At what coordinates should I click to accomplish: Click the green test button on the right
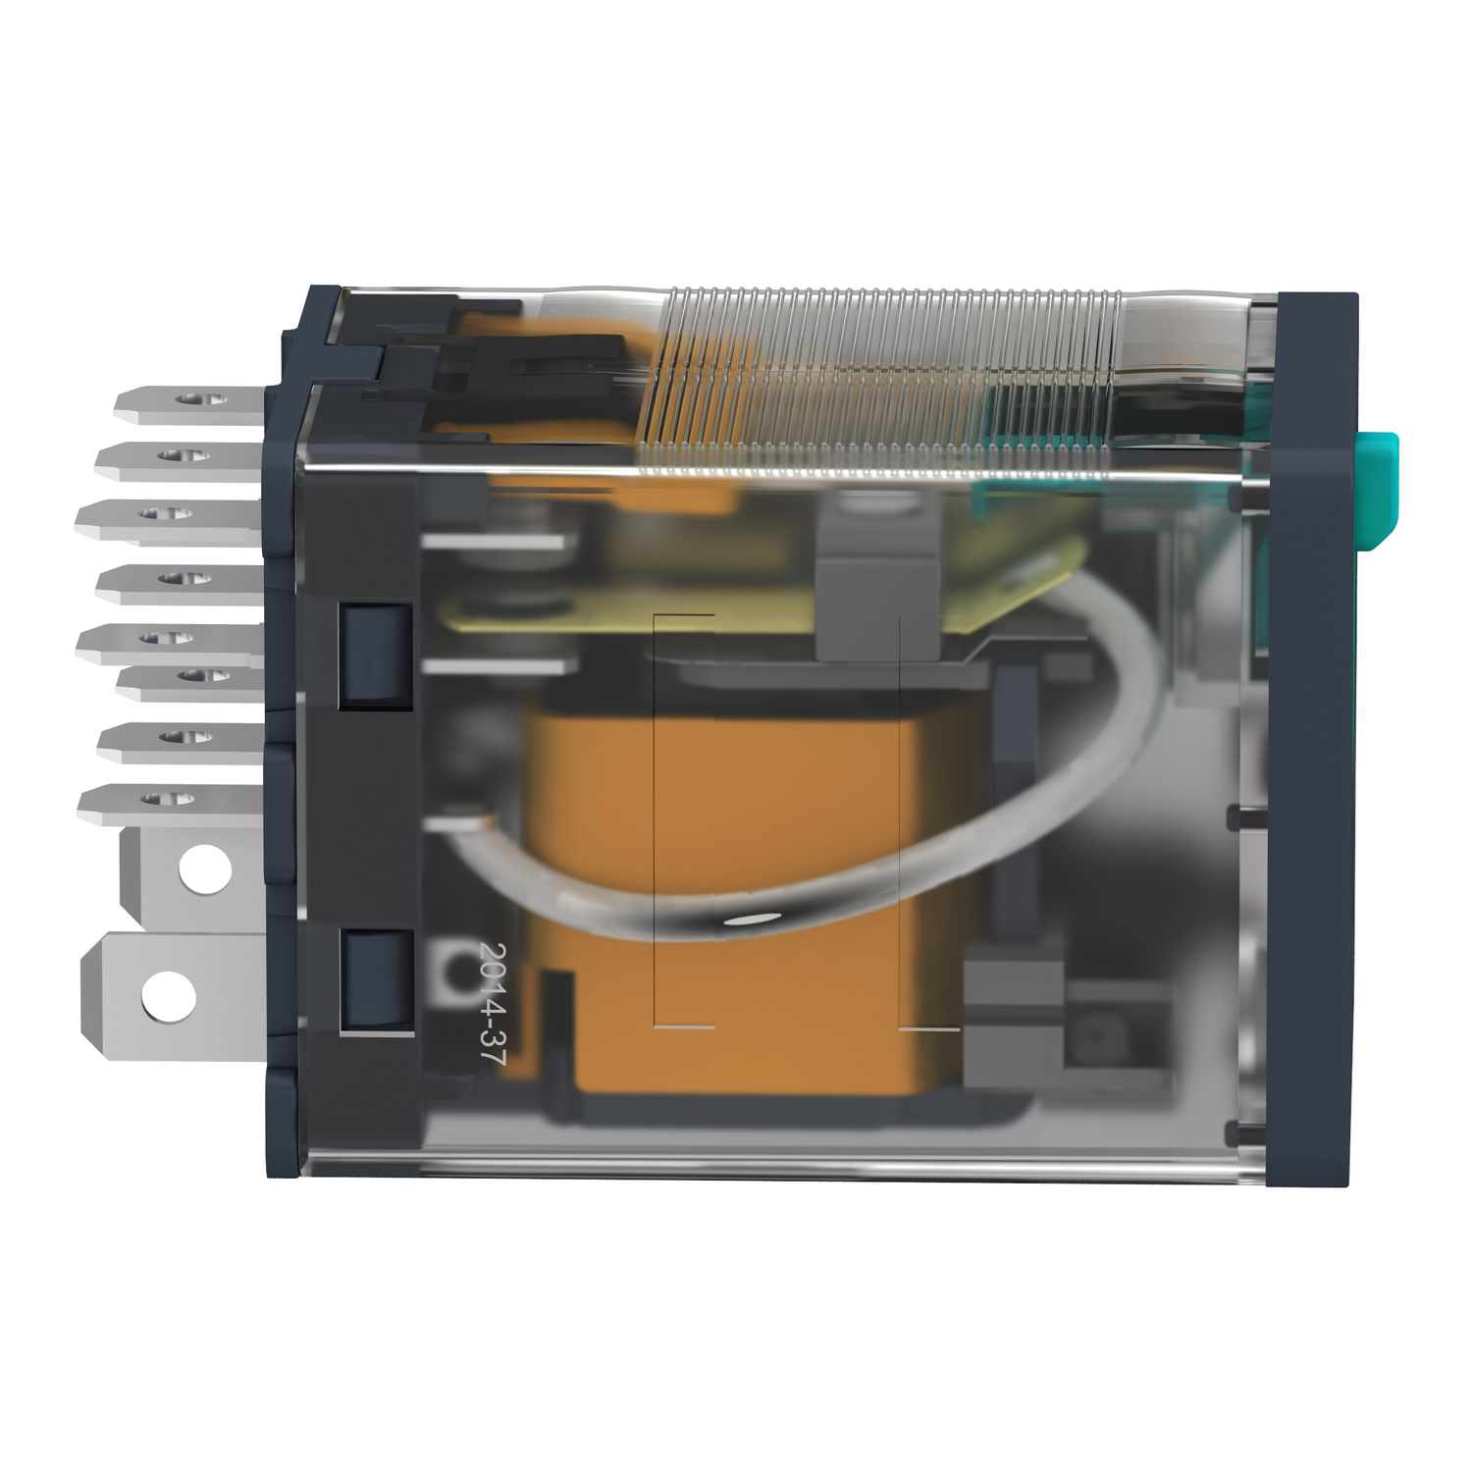[x=1378, y=488]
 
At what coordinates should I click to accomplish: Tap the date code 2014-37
[x=493, y=1003]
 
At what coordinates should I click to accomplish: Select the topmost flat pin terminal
[x=186, y=402]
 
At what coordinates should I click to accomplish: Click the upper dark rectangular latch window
[x=376, y=655]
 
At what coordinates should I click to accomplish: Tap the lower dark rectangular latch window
[x=376, y=980]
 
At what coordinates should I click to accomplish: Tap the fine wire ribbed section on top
[x=883, y=383]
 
